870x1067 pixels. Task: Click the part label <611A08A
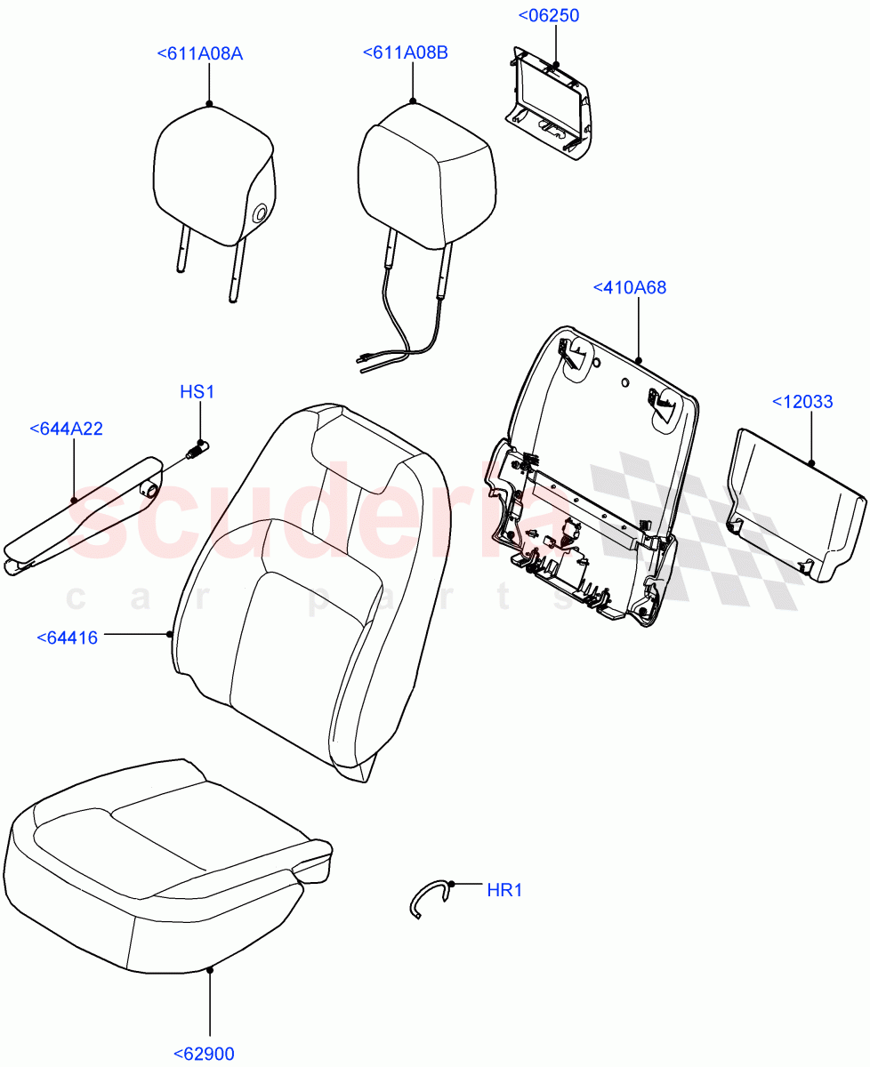[199, 54]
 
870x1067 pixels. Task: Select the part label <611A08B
[405, 53]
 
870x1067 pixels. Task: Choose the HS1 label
[197, 391]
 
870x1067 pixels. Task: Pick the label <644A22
[66, 429]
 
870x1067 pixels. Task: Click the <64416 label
[68, 637]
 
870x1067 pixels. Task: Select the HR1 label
[503, 889]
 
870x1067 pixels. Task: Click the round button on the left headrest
[260, 213]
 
